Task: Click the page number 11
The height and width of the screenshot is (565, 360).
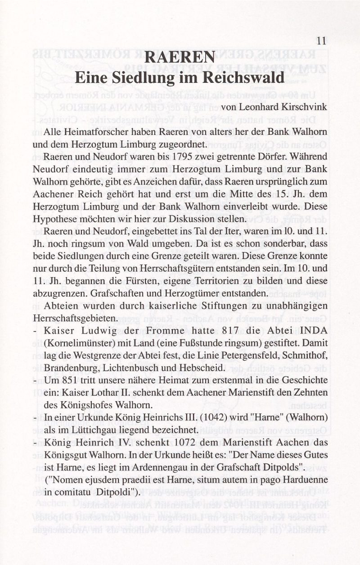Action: tap(321, 40)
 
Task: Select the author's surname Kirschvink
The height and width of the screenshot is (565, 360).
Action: tap(302, 107)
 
